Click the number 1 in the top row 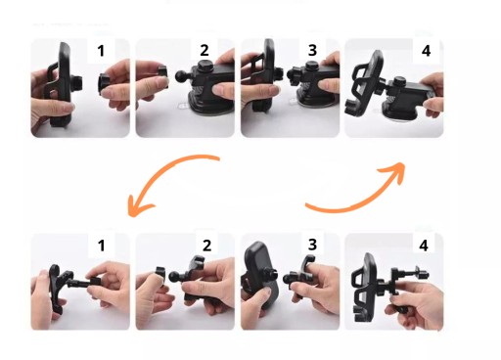pyautogui.click(x=101, y=51)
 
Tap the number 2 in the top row pyautogui.click(x=205, y=50)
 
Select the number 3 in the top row pyautogui.click(x=312, y=50)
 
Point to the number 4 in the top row pyautogui.click(x=426, y=51)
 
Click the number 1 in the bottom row pyautogui.click(x=101, y=246)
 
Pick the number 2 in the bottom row pyautogui.click(x=206, y=246)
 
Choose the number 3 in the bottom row pyautogui.click(x=312, y=245)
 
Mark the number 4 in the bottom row pyautogui.click(x=424, y=246)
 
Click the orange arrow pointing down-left pyautogui.click(x=162, y=172)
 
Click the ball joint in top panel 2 pyautogui.click(x=181, y=77)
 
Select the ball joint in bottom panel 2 pyautogui.click(x=174, y=277)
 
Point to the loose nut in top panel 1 pyautogui.click(x=104, y=84)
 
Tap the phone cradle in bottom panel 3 pyautogui.click(x=259, y=274)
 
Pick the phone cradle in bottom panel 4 pyautogui.click(x=366, y=288)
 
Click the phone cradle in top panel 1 pyautogui.click(x=62, y=85)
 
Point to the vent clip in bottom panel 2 pyautogui.click(x=193, y=278)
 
